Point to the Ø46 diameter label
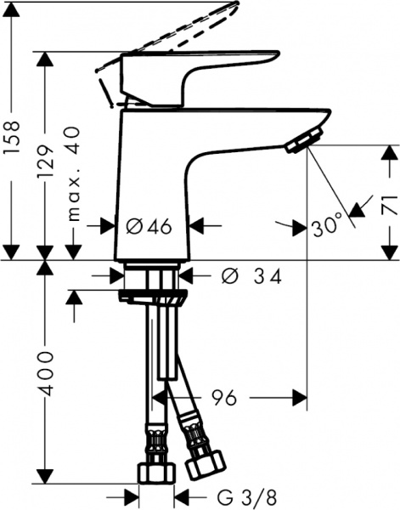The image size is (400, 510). (x=149, y=226)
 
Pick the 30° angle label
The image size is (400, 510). (x=327, y=227)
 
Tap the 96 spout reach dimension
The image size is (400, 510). (x=223, y=396)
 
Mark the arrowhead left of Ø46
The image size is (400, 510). (x=110, y=226)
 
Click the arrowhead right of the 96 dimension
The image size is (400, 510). (x=296, y=396)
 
